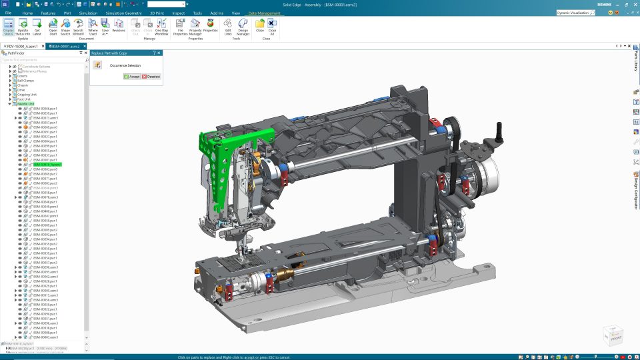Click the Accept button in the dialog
pos(131,77)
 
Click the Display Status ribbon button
pos(8,27)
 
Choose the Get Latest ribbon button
pos(37,27)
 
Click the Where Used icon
pos(93,27)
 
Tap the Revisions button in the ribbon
pos(119,27)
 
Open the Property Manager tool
pos(195,27)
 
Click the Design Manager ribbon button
pos(243,27)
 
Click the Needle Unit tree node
pos(26,104)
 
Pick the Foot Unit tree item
pos(24,99)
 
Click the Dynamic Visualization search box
pos(579,13)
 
